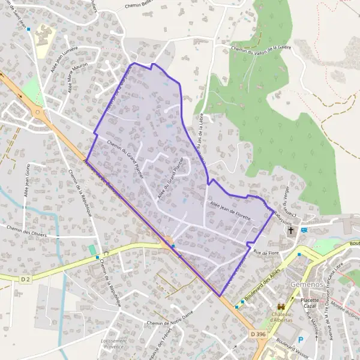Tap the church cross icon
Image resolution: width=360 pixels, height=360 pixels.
click(x=292, y=230)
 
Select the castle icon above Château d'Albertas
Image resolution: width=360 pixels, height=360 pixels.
click(x=280, y=306)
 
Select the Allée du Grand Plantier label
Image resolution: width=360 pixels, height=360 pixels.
click(x=169, y=178)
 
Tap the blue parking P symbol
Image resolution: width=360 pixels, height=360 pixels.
click(x=304, y=230)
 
